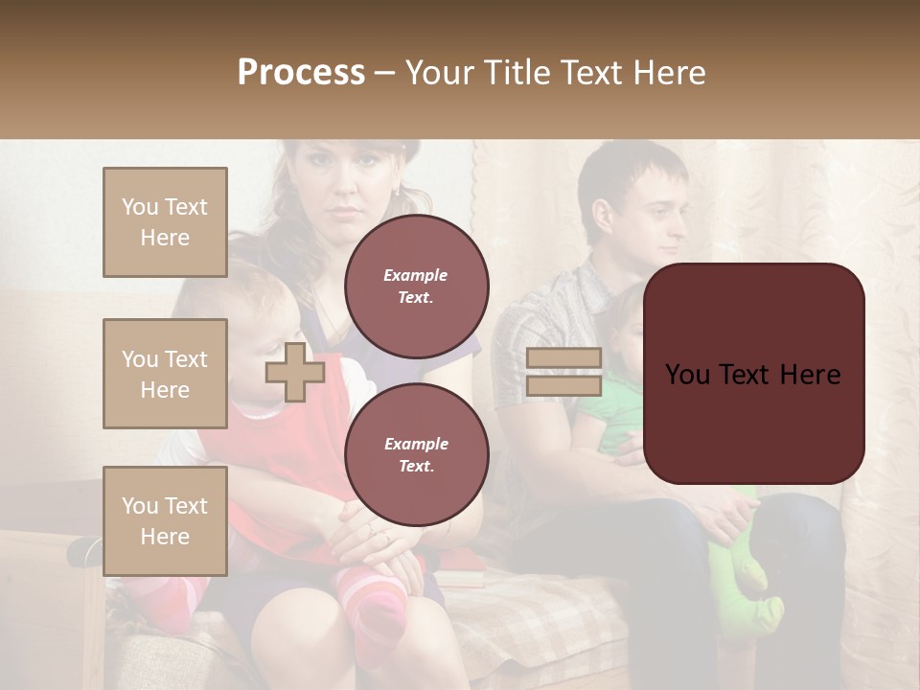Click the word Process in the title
click(301, 73)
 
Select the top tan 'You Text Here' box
click(165, 222)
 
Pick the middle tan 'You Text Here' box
click(165, 374)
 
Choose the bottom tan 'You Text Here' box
click(165, 520)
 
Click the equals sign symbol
click(564, 372)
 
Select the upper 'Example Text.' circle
click(416, 287)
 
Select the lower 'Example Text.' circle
click(416, 455)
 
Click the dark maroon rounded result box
click(753, 374)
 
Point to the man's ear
click(603, 217)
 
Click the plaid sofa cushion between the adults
click(537, 623)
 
